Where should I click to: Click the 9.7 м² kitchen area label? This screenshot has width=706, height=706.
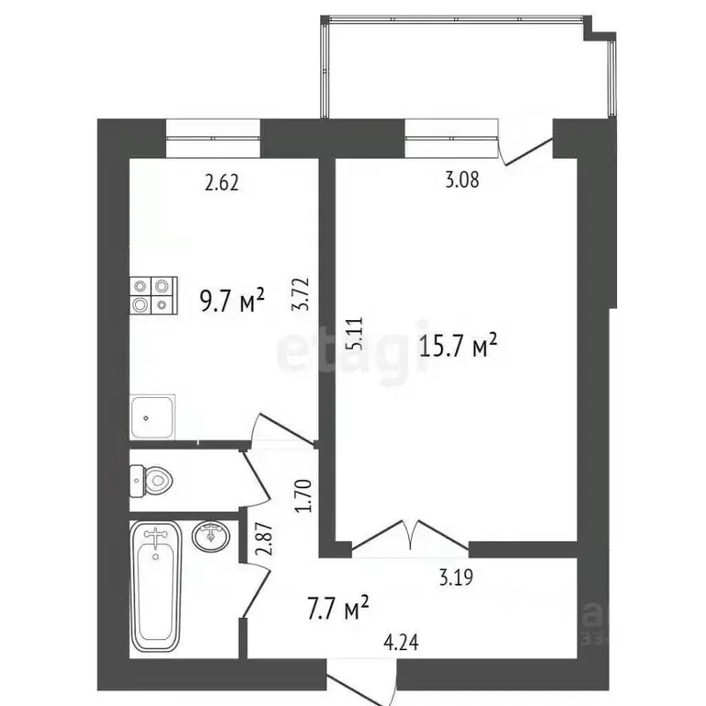pyautogui.click(x=233, y=300)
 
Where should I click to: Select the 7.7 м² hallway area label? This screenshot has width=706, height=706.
pyautogui.click(x=336, y=606)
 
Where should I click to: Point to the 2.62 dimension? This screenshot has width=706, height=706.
pyautogui.click(x=222, y=183)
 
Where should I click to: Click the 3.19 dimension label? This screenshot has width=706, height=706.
pyautogui.click(x=459, y=580)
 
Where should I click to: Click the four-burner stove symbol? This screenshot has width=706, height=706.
pyautogui.click(x=152, y=296)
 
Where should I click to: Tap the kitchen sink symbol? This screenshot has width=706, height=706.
pyautogui.click(x=152, y=418)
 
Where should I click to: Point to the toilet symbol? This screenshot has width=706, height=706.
pyautogui.click(x=153, y=479)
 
